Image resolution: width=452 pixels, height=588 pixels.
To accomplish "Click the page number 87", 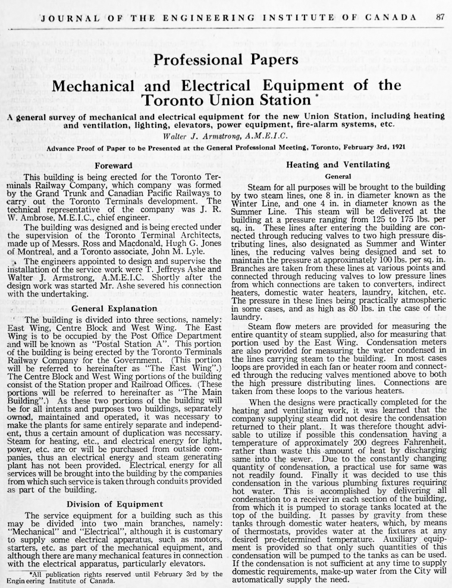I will click(440, 17).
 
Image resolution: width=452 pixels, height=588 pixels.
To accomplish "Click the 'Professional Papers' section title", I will click(226, 59).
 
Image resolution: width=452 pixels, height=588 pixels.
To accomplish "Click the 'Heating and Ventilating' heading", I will click(338, 165).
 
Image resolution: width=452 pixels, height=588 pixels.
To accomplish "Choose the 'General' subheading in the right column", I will click(338, 176).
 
